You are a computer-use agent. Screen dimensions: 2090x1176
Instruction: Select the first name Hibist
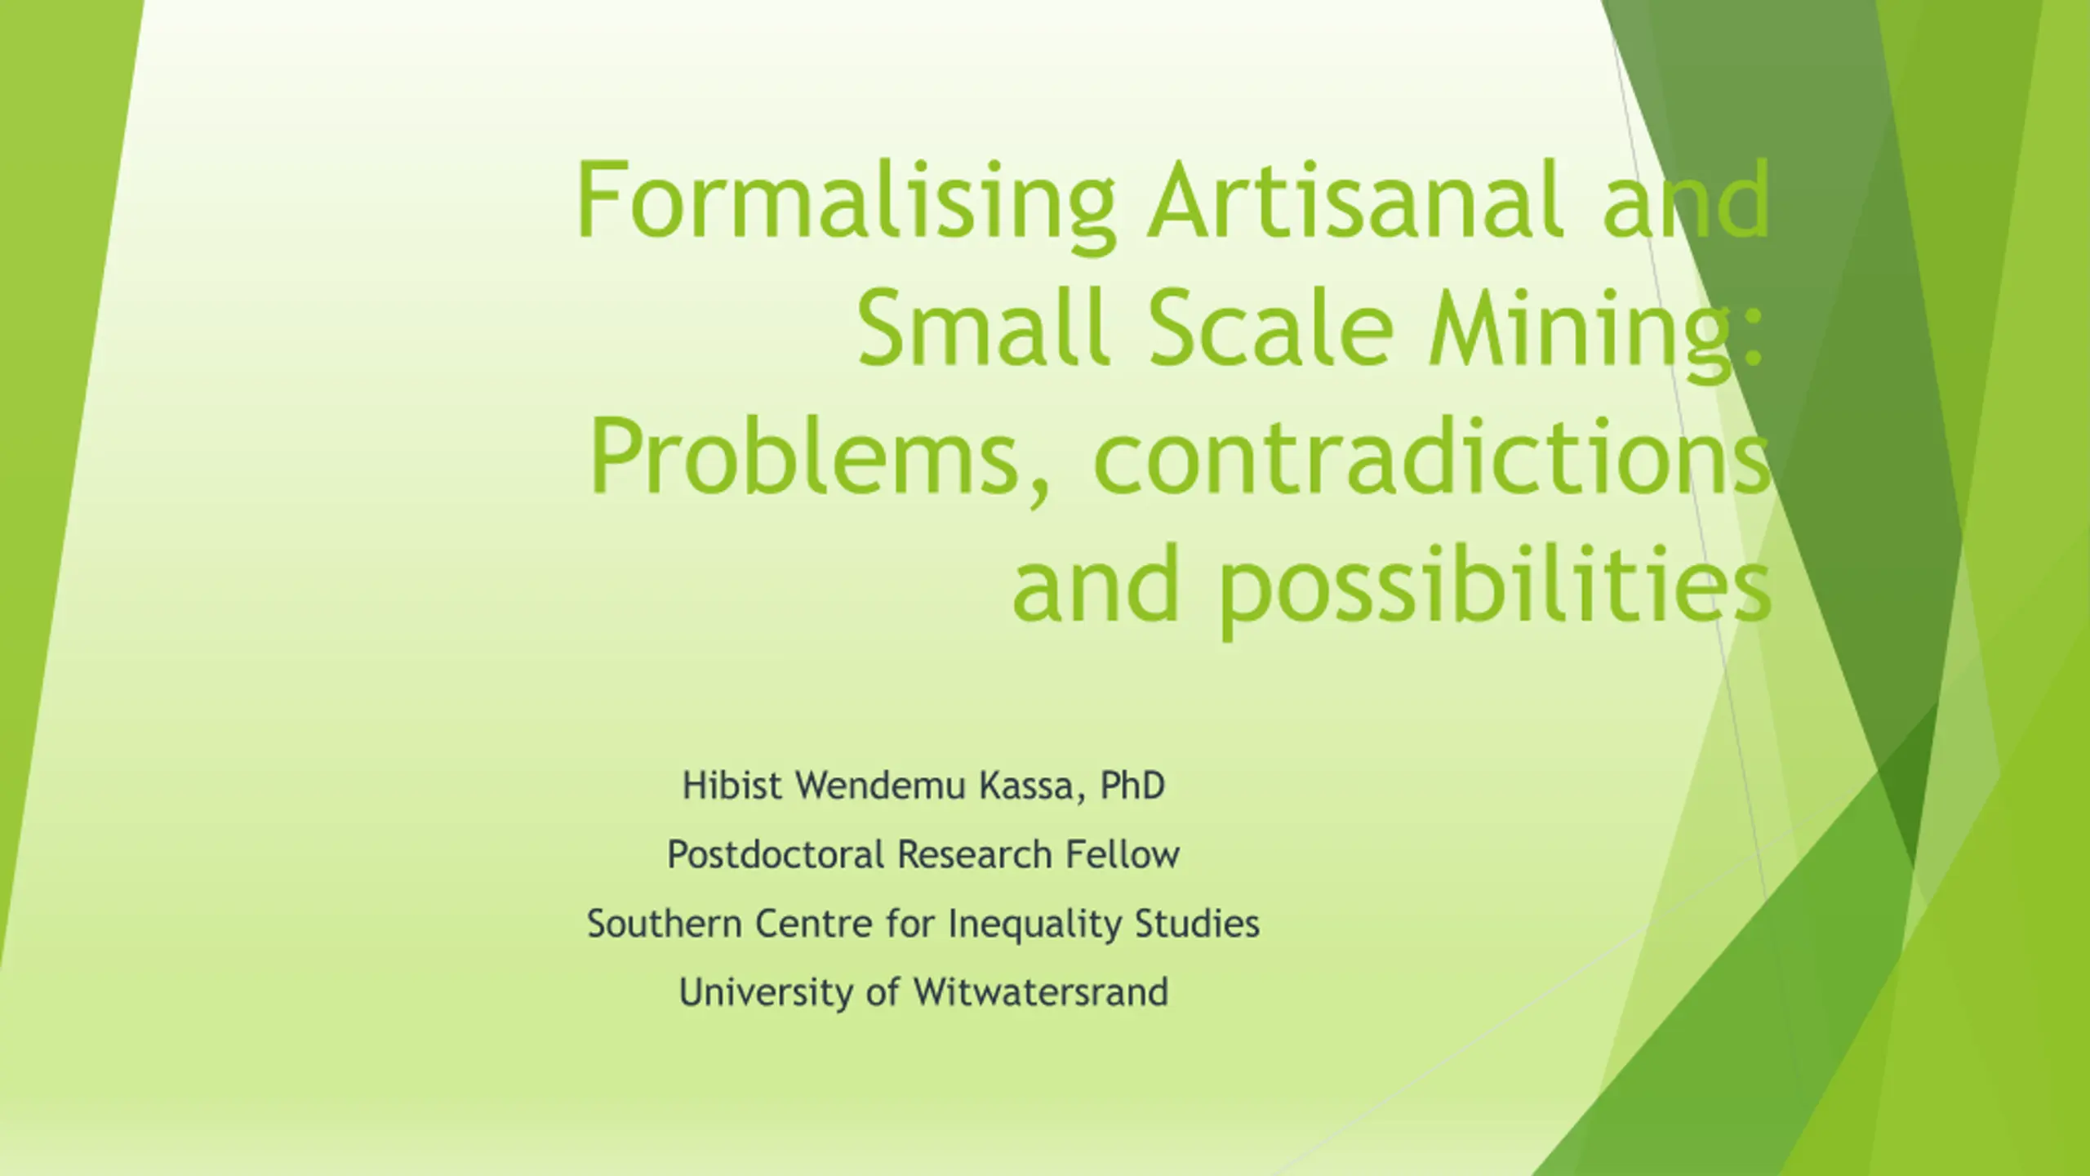(x=732, y=786)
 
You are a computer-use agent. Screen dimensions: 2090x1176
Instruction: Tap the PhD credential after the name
(x=1132, y=786)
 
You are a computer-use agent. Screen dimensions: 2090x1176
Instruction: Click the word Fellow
(x=1123, y=855)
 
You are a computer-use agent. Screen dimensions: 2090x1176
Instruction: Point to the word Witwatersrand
(x=1042, y=993)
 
